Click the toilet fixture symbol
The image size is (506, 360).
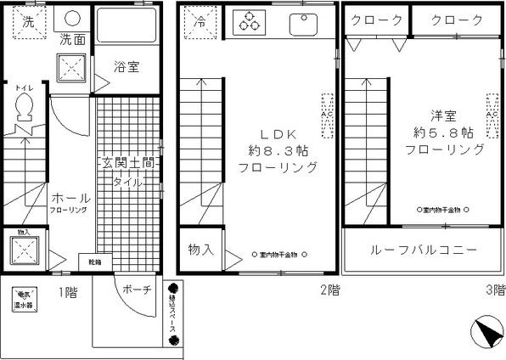(x=24, y=108)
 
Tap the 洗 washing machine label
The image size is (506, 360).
(x=28, y=22)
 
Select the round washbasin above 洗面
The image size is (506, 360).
(x=71, y=20)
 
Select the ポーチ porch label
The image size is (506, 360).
(x=137, y=289)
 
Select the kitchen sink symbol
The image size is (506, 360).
(x=302, y=24)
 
